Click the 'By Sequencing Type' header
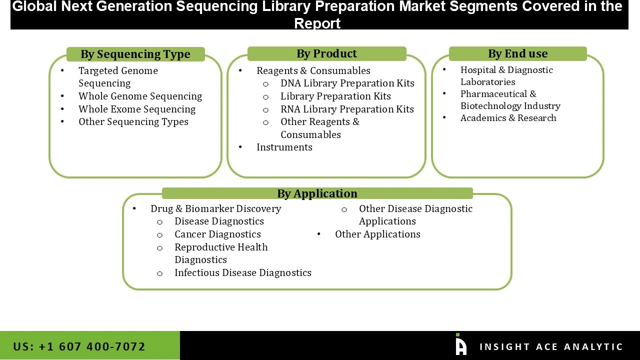(135, 54)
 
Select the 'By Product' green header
(326, 53)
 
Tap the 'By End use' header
(517, 53)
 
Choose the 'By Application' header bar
(317, 193)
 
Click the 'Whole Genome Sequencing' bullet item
(140, 96)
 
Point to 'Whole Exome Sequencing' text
(136, 109)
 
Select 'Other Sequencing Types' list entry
(133, 121)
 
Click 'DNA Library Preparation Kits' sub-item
(347, 83)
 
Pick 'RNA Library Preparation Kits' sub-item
(347, 109)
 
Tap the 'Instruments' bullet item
(284, 147)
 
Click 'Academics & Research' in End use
(508, 117)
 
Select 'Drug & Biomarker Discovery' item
(215, 208)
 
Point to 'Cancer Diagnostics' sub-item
(217, 234)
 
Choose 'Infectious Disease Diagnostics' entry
(242, 272)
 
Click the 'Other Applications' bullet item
(377, 234)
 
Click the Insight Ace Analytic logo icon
(461, 344)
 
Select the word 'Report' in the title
(317, 23)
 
